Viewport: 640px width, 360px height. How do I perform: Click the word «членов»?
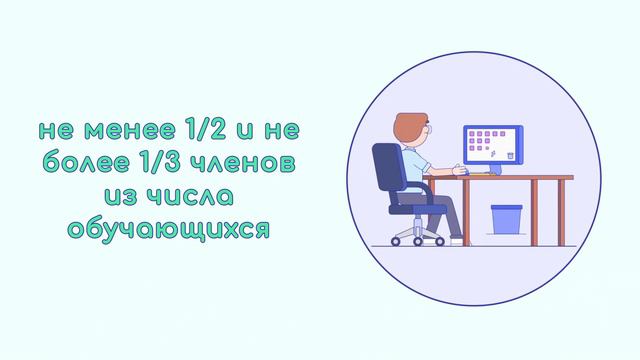point(253,163)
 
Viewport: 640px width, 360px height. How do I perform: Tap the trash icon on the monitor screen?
point(510,155)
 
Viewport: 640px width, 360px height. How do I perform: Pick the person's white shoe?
point(456,241)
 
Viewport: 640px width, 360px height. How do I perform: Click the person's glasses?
point(427,131)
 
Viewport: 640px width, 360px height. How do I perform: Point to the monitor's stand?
point(493,168)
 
